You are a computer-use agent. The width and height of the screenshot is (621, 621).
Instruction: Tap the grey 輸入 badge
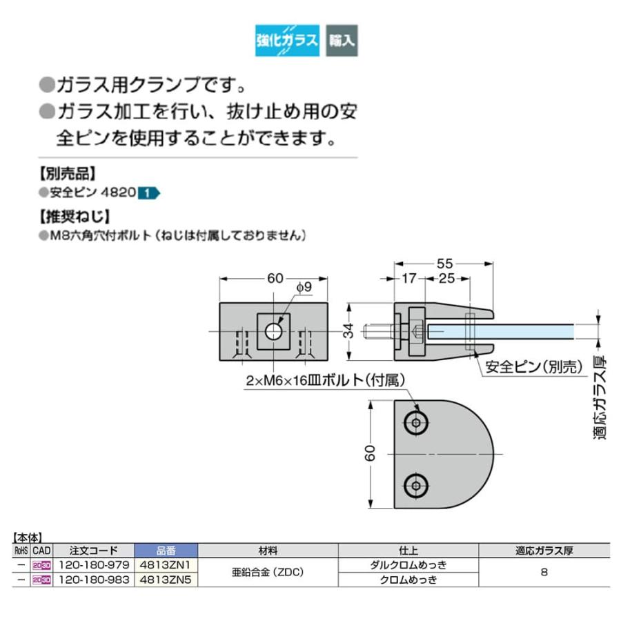click(342, 39)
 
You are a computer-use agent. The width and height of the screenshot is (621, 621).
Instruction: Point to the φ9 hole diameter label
click(304, 286)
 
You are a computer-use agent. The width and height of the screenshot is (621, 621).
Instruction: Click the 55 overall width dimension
click(444, 263)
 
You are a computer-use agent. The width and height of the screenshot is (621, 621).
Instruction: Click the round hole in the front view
click(274, 331)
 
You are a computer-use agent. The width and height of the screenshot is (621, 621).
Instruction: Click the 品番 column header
click(166, 550)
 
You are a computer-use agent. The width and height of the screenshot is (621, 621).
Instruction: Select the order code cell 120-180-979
click(93, 564)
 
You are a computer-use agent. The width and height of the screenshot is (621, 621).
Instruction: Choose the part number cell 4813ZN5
click(166, 580)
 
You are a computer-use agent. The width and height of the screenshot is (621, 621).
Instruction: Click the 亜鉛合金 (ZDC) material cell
click(268, 572)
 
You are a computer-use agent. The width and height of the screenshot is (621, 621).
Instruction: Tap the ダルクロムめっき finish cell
click(408, 564)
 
